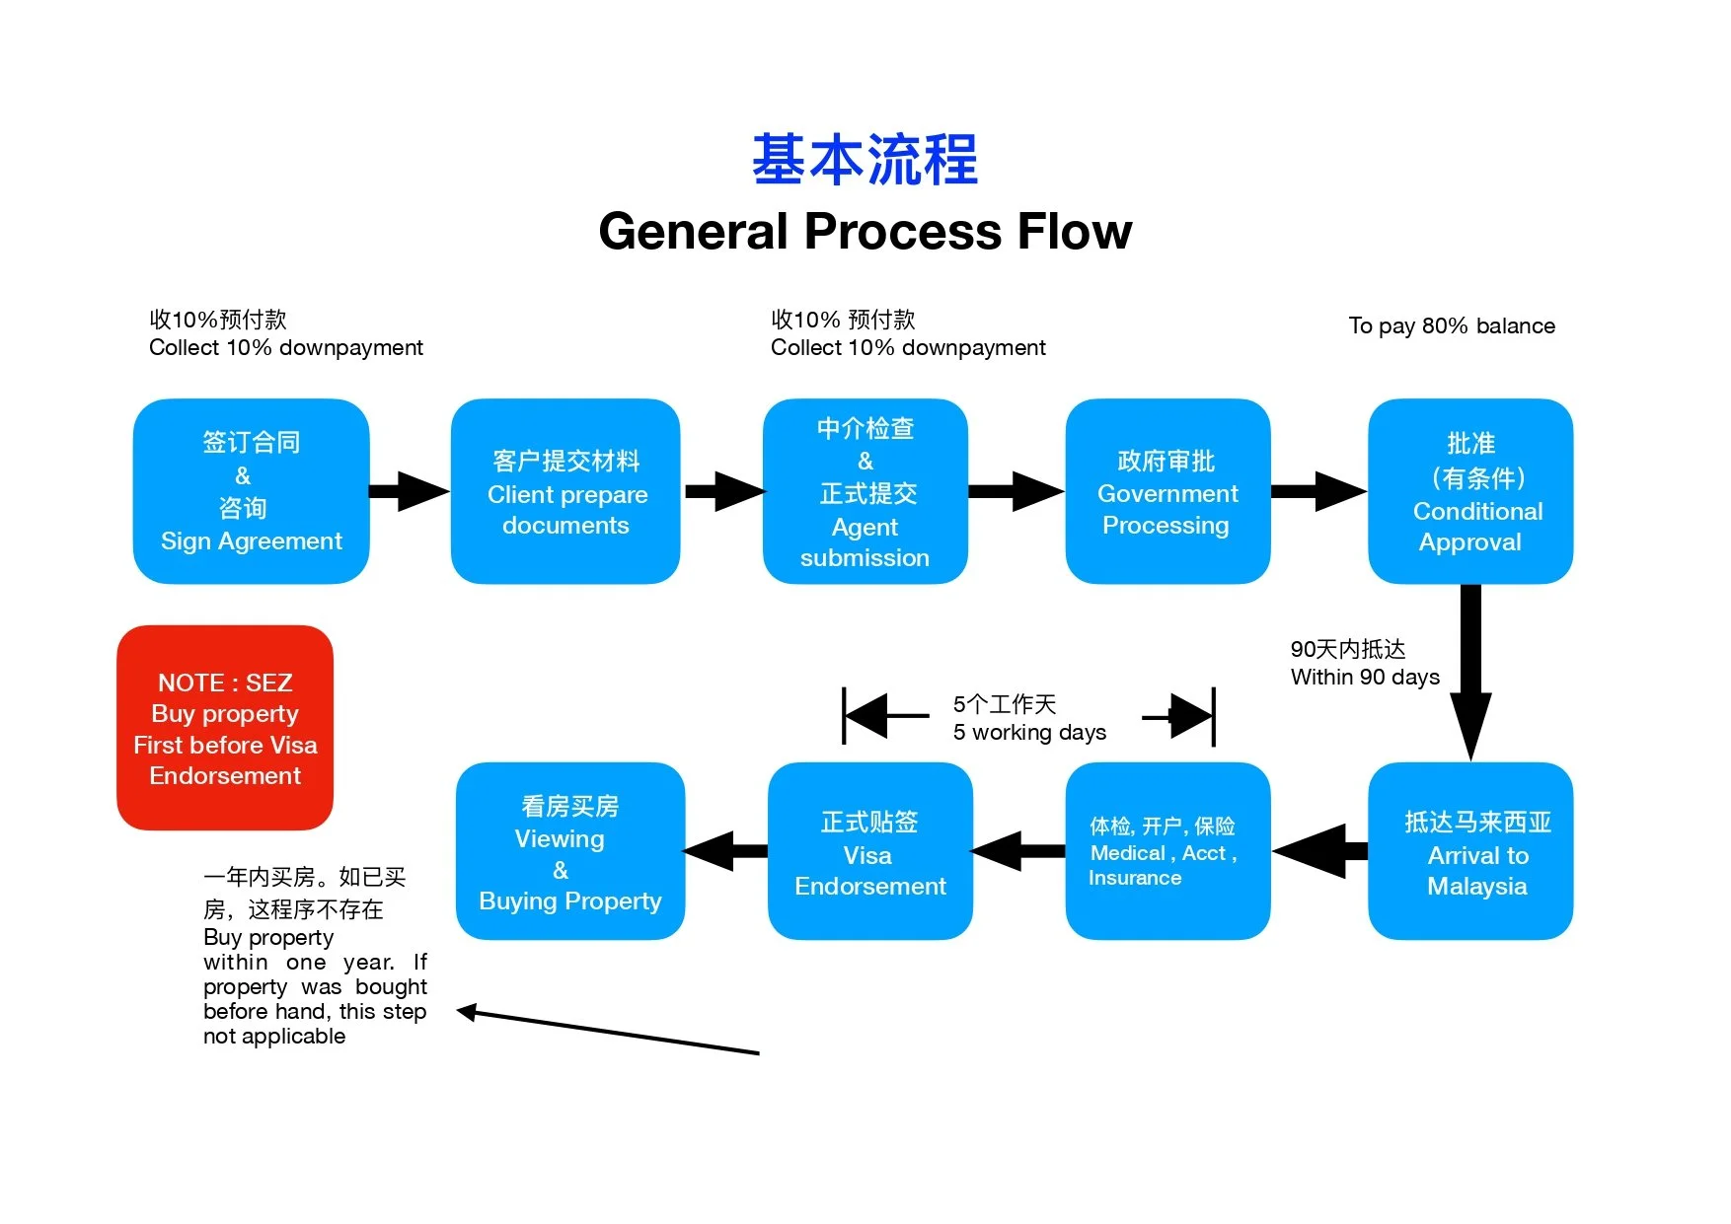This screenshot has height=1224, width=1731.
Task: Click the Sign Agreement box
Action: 251,491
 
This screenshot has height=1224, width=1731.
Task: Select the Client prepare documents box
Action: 565,491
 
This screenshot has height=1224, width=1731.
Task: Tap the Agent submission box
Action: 865,491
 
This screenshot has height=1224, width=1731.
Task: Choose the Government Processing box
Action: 1167,491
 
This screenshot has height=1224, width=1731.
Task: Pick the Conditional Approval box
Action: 1469,491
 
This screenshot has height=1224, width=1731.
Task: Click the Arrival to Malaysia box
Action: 1469,851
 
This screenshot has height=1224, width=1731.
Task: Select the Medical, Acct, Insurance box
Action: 1167,851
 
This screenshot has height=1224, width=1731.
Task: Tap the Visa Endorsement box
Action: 869,851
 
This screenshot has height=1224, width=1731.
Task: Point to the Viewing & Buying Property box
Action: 569,851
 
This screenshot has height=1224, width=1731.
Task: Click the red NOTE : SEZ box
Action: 225,728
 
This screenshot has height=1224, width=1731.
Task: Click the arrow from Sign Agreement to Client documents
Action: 409,491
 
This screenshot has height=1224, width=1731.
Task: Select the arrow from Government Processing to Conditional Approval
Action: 1317,491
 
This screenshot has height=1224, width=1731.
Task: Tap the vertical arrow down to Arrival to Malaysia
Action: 1470,671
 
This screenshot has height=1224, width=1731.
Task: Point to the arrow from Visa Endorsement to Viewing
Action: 725,851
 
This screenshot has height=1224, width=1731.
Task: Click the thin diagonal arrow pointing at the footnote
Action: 607,1032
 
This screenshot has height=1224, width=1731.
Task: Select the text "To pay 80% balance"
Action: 1451,326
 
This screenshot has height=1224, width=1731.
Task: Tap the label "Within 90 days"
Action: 1364,678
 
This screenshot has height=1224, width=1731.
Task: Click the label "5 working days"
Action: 1028,733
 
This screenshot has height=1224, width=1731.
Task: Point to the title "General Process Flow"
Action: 865,232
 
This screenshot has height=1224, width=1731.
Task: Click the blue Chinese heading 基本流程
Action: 865,160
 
